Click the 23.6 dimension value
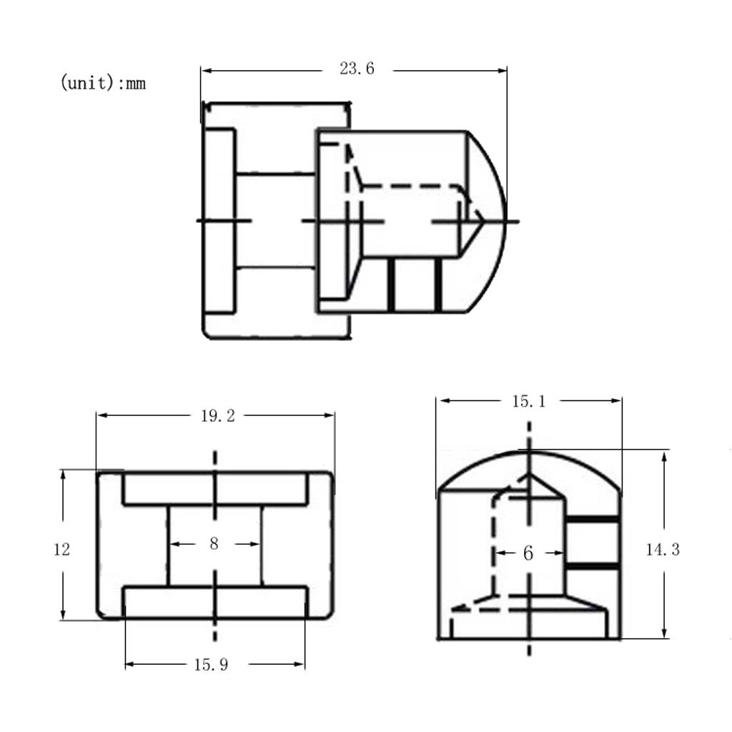(x=357, y=69)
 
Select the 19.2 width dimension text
(x=217, y=416)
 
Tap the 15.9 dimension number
(x=211, y=665)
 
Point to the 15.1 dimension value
(x=528, y=402)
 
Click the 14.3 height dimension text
(x=663, y=550)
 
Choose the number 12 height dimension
(x=61, y=550)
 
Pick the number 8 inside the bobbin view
(x=214, y=543)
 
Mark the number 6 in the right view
(x=528, y=553)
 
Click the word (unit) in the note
(x=87, y=83)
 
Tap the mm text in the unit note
(x=136, y=84)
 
